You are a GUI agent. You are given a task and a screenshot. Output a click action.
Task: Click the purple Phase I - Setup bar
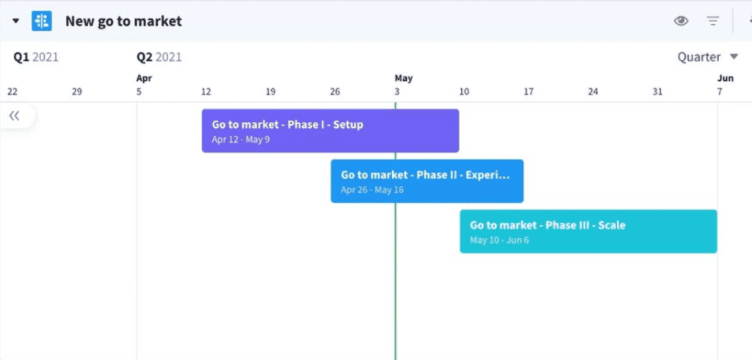(x=330, y=131)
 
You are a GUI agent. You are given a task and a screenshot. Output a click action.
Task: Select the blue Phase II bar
(x=427, y=181)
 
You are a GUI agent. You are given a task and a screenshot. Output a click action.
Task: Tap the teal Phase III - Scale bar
(x=588, y=231)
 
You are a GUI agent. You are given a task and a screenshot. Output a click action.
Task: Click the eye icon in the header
(x=681, y=21)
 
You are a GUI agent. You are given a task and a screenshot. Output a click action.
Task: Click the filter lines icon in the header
(x=713, y=21)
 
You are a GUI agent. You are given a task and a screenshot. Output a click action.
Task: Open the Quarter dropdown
(x=707, y=57)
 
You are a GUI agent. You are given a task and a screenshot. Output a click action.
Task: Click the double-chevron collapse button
(x=15, y=115)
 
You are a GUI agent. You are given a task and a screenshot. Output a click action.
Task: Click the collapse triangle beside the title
(x=16, y=21)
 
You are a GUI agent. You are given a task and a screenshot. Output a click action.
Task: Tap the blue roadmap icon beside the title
(x=42, y=21)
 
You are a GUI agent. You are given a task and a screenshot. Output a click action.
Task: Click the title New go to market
(x=123, y=21)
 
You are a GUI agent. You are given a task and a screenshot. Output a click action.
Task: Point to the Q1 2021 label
(x=35, y=57)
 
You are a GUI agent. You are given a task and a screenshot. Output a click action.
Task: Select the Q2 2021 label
(x=159, y=57)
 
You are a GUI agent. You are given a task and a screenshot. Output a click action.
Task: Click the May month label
(x=403, y=78)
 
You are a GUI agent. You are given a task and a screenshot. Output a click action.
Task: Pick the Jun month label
(x=726, y=78)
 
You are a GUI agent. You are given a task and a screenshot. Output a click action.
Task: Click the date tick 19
(x=270, y=92)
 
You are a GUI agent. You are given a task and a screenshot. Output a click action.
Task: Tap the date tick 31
(x=657, y=92)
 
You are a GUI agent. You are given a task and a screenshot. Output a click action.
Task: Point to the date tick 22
(x=12, y=92)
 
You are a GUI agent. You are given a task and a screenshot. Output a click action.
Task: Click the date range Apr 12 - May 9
(x=241, y=140)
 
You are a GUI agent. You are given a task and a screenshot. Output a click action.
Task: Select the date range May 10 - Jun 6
(x=499, y=240)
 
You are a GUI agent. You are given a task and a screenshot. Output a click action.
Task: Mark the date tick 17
(x=529, y=92)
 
